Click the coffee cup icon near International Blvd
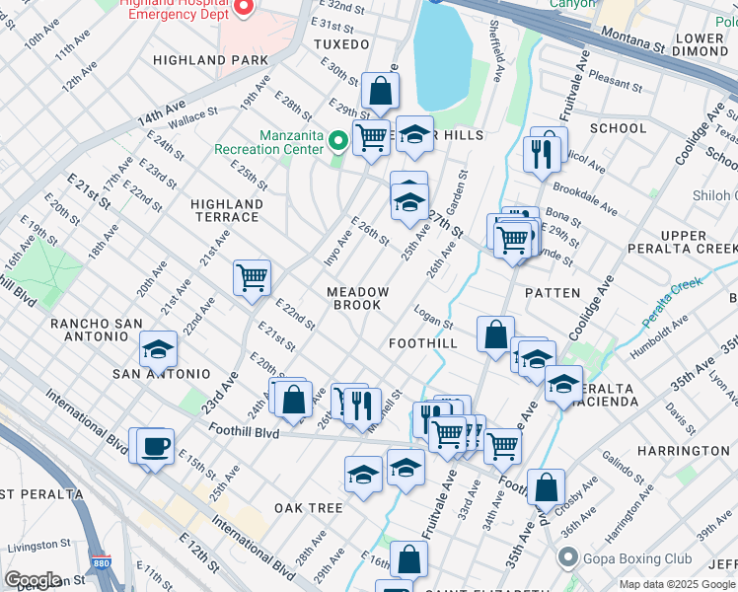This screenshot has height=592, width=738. (154, 447)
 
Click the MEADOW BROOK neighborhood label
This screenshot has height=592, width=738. (358, 298)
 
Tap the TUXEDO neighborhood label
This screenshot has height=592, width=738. (340, 45)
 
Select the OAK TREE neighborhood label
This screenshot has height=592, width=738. (308, 508)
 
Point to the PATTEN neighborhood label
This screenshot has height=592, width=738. (551, 293)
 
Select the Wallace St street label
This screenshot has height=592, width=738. (191, 121)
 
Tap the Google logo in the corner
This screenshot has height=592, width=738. (33, 579)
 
